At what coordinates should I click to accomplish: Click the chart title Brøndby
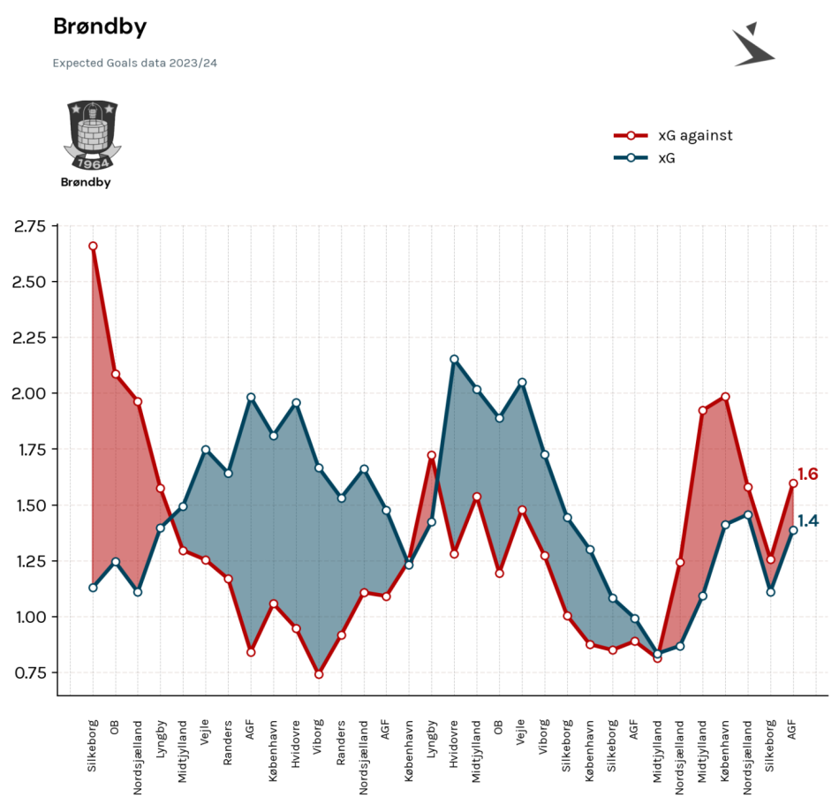click(100, 27)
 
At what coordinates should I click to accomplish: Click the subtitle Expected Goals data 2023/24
click(135, 63)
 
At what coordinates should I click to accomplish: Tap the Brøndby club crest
click(93, 135)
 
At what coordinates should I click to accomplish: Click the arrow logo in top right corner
click(753, 44)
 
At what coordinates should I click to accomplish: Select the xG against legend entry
click(673, 135)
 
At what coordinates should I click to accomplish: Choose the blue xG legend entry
click(644, 158)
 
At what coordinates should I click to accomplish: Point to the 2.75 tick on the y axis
click(30, 226)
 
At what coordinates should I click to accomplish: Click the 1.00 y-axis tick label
click(31, 617)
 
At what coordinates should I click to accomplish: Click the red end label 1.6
click(807, 475)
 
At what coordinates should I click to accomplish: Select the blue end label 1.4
click(808, 520)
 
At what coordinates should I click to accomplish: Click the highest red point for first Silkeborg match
click(93, 247)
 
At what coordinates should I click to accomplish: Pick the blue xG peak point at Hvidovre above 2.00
click(454, 359)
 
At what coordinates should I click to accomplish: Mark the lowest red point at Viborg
click(319, 674)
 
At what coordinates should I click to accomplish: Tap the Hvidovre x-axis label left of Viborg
click(296, 745)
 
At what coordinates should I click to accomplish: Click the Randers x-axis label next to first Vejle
click(227, 742)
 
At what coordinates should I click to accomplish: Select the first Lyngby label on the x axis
click(161, 739)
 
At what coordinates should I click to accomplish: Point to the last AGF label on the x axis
click(792, 730)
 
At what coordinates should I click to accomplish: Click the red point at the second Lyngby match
click(432, 455)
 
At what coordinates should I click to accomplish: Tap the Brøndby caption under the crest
click(86, 183)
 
